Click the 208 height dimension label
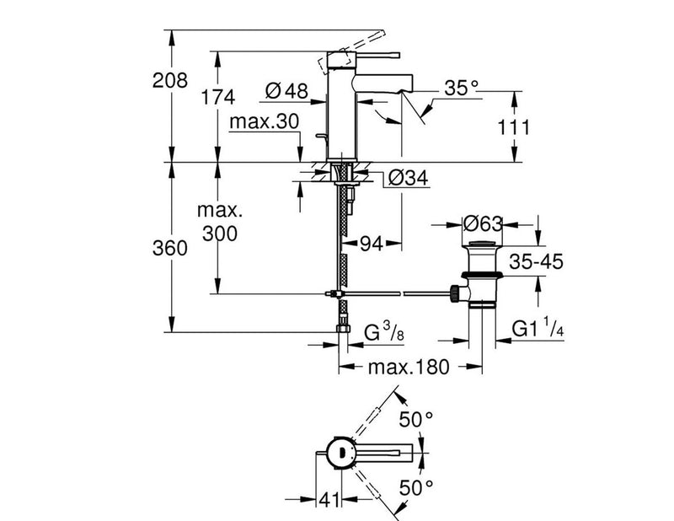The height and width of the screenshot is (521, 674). point(170,80)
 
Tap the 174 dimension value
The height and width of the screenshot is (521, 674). point(218,97)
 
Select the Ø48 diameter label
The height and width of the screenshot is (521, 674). point(286,91)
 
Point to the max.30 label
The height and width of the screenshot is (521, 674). point(264,121)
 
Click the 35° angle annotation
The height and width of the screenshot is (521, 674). point(461,89)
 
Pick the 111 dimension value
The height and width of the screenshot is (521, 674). point(514,128)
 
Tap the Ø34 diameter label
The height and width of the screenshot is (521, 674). point(409,178)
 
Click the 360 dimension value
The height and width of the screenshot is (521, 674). point(170,248)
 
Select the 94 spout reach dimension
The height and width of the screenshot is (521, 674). point(372,244)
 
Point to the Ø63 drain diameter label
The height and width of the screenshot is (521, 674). point(483,223)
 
